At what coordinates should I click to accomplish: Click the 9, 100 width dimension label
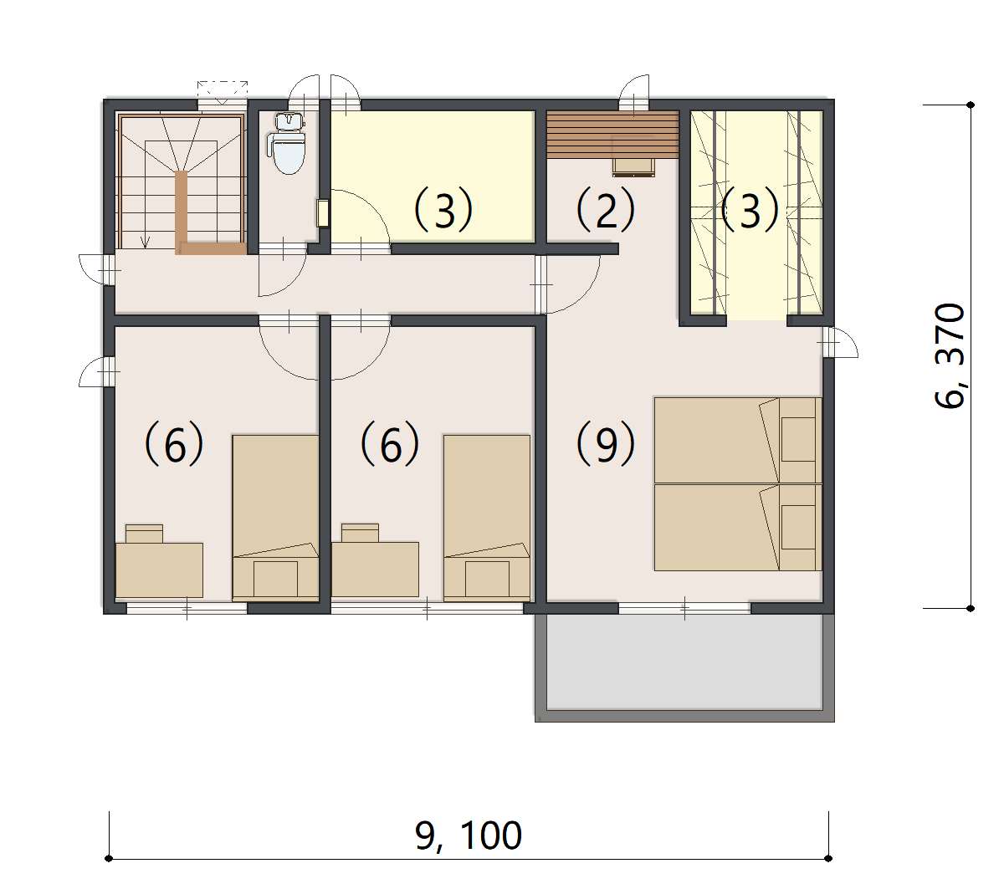[x=469, y=835]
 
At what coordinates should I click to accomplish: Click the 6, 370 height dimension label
[x=950, y=356]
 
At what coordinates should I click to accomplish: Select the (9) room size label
[x=605, y=443]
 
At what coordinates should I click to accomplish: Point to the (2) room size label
[x=605, y=209]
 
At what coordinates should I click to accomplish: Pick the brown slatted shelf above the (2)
[x=612, y=133]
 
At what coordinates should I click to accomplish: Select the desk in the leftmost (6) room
[x=159, y=570]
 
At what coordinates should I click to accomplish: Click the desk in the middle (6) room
[x=375, y=570]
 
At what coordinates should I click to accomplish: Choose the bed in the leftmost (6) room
[x=275, y=518]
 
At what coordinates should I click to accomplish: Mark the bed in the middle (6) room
[x=487, y=518]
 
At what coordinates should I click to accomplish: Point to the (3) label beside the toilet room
[x=443, y=209]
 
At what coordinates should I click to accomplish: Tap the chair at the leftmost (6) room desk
[x=144, y=534]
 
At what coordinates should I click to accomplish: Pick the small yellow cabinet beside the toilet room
[x=323, y=213]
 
